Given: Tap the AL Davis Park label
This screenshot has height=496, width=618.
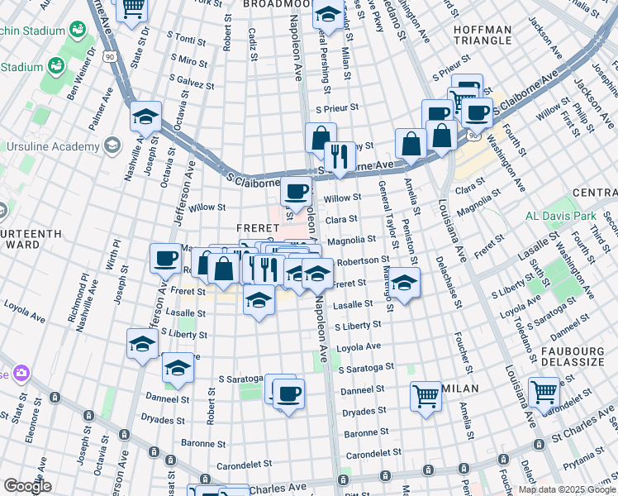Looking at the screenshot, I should [561, 217].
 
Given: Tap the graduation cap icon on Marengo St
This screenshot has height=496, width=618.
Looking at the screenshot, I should [403, 284].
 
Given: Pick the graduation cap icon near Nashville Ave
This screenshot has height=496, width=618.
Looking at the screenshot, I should [145, 117].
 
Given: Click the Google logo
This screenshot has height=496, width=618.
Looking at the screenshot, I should [26, 486].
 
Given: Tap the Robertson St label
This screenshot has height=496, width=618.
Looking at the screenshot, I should [363, 260].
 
